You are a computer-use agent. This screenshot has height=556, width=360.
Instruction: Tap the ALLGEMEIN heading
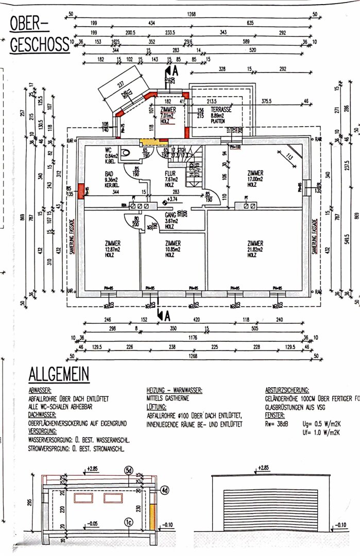59,374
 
